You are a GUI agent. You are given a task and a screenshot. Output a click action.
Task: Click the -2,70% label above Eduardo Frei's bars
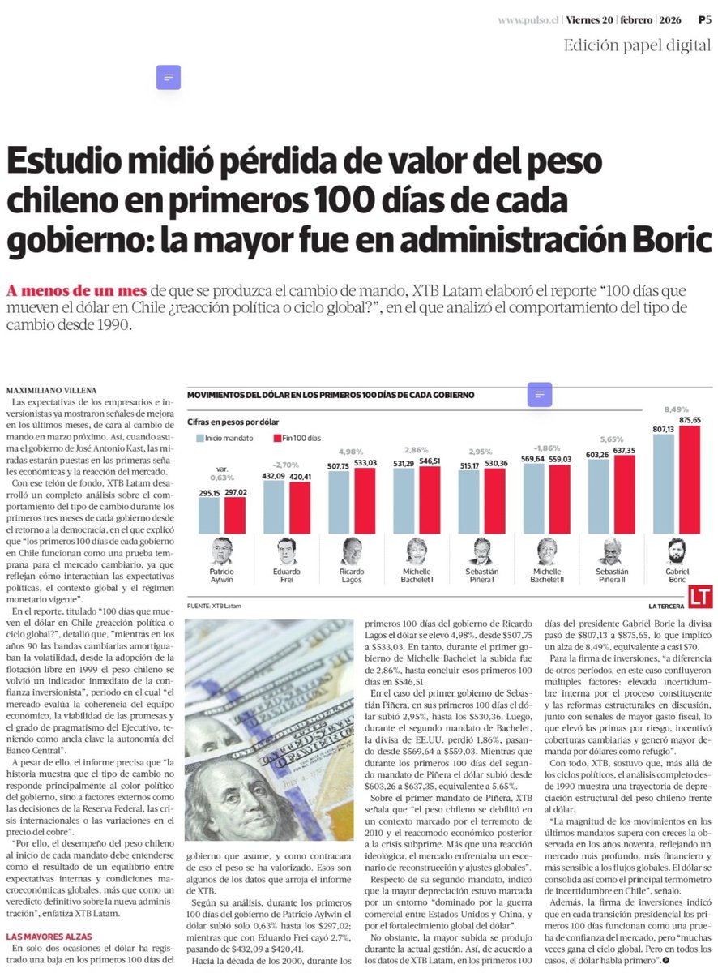point(287,465)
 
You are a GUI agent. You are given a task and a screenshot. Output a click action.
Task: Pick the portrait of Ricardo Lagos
point(352,551)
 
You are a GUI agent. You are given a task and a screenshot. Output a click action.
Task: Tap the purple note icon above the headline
point(168,77)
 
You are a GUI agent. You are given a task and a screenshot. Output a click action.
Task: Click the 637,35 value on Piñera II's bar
point(626,450)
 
